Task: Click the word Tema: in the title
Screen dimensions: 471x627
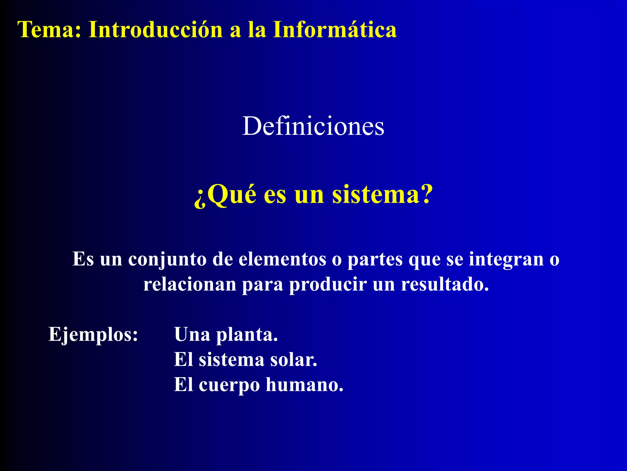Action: click(x=49, y=30)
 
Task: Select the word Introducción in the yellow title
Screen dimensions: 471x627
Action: click(x=156, y=30)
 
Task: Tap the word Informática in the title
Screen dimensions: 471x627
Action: click(x=335, y=30)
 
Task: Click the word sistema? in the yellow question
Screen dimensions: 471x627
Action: click(x=382, y=194)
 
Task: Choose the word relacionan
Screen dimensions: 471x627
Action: click(x=190, y=285)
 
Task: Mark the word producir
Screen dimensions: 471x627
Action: click(x=328, y=285)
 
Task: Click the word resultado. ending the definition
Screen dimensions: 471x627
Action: click(x=445, y=285)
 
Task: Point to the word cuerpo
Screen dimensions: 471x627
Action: click(x=229, y=385)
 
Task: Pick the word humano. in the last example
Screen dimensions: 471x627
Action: click(x=305, y=385)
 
